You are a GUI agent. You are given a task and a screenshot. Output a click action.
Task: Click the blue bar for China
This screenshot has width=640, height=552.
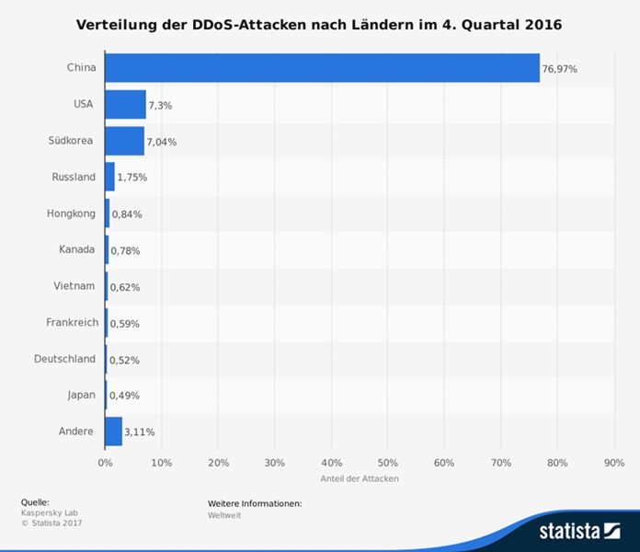322,68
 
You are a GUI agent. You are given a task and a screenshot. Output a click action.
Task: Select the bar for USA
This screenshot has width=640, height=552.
125,105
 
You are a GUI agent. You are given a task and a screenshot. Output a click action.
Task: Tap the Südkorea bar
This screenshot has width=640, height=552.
124,141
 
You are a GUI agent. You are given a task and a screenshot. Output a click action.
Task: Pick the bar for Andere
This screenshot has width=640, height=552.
113,431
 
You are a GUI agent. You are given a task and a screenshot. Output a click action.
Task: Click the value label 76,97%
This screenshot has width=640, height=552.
559,69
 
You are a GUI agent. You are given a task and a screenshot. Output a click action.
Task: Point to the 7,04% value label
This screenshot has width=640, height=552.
162,142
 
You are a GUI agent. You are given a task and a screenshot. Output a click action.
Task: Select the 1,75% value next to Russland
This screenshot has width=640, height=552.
131,178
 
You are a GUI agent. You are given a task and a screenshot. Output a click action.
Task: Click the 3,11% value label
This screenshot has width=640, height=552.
140,431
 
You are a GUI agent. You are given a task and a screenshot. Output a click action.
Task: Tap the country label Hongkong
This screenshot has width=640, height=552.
71,213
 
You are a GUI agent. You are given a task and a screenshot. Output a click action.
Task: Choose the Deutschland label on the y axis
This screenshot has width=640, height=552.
64,359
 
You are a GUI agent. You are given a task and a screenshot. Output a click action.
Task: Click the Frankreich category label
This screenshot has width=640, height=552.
72,322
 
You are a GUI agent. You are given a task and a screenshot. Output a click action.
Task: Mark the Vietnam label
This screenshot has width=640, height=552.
74,286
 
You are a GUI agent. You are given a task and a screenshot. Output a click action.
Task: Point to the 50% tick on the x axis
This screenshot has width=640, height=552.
387,463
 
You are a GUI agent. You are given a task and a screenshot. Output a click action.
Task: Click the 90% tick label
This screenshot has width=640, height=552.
613,463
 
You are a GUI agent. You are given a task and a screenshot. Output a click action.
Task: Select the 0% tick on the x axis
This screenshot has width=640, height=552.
105,463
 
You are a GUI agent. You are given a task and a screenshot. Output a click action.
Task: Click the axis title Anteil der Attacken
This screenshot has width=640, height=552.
359,478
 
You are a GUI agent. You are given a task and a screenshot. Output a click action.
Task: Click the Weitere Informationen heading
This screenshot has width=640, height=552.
255,503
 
